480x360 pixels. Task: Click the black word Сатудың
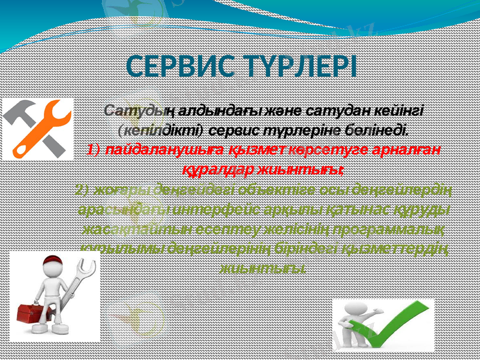132,112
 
